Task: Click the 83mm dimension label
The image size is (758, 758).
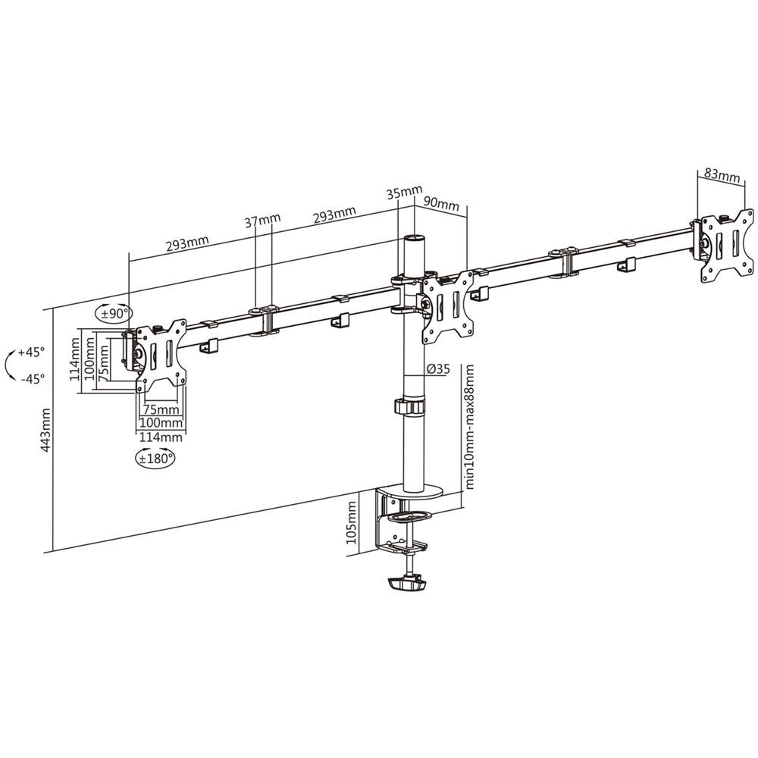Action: (x=722, y=176)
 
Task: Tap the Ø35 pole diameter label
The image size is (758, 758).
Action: (x=438, y=369)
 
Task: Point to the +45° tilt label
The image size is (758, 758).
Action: (x=32, y=352)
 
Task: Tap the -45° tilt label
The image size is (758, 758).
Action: (x=32, y=377)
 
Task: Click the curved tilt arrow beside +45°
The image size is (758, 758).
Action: (x=9, y=365)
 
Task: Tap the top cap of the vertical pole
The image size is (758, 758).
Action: (x=414, y=240)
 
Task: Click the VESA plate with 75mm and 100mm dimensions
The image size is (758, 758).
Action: (x=160, y=356)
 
